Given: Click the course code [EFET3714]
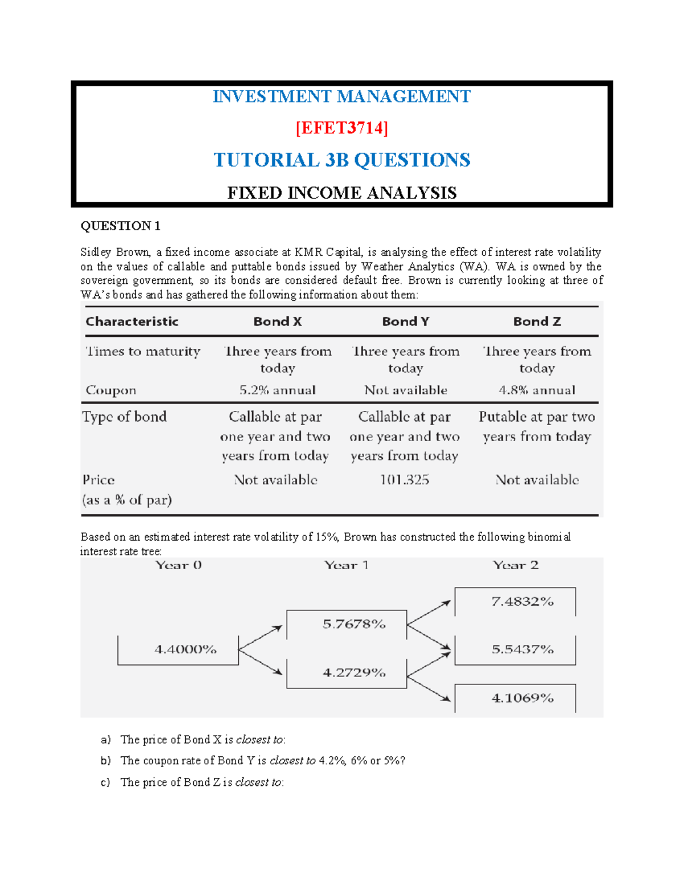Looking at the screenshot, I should tap(341, 128).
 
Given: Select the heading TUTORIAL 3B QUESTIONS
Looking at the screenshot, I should tap(341, 160).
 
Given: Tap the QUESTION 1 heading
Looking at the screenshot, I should tap(120, 226).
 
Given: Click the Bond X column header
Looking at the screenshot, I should tap(278, 321).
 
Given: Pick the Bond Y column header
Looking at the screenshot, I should tap(405, 321).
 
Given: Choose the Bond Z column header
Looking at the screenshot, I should tap(537, 321).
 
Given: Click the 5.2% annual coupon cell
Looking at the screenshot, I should tap(278, 390).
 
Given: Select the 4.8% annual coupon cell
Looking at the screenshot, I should tap(537, 390).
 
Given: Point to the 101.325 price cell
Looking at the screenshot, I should tap(405, 480).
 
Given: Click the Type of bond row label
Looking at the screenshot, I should tap(124, 417).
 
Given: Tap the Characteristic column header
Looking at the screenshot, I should tap(132, 321).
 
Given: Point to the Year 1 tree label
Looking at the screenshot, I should tap(346, 565).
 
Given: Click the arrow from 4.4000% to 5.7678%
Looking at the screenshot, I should tap(260, 638).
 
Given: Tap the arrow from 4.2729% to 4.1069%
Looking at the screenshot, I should tap(429, 688).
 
